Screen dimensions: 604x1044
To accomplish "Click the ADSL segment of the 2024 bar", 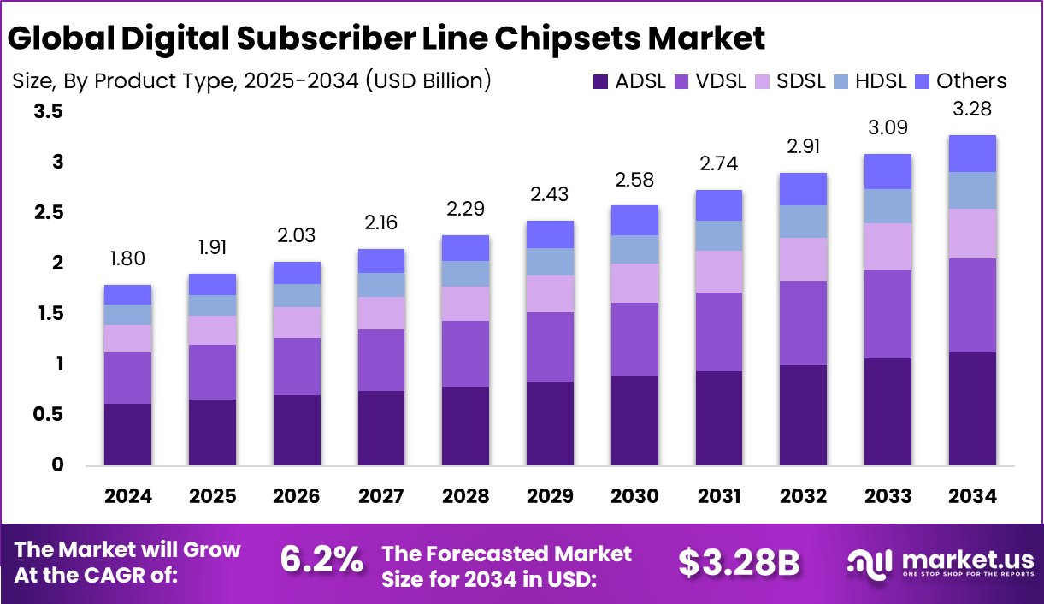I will click(x=127, y=434).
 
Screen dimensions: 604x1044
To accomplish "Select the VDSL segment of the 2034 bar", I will click(x=972, y=305).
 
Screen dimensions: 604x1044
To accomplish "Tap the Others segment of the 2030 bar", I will click(x=634, y=221).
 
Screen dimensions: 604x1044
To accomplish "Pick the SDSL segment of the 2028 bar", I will click(x=466, y=304).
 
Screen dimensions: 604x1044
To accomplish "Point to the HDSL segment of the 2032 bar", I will click(x=804, y=222).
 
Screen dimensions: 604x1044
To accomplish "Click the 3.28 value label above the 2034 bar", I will click(x=972, y=110).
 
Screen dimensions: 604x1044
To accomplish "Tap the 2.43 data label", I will click(x=551, y=195).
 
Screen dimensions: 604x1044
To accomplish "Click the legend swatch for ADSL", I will click(x=600, y=82).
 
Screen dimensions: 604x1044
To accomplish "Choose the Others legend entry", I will click(x=971, y=81).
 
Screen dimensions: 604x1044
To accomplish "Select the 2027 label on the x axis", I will click(x=381, y=496).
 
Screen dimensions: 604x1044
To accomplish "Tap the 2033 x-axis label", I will click(x=888, y=496).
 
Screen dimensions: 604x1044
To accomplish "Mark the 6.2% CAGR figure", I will click(x=321, y=560).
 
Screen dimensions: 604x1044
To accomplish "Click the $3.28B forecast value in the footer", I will click(x=739, y=561).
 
